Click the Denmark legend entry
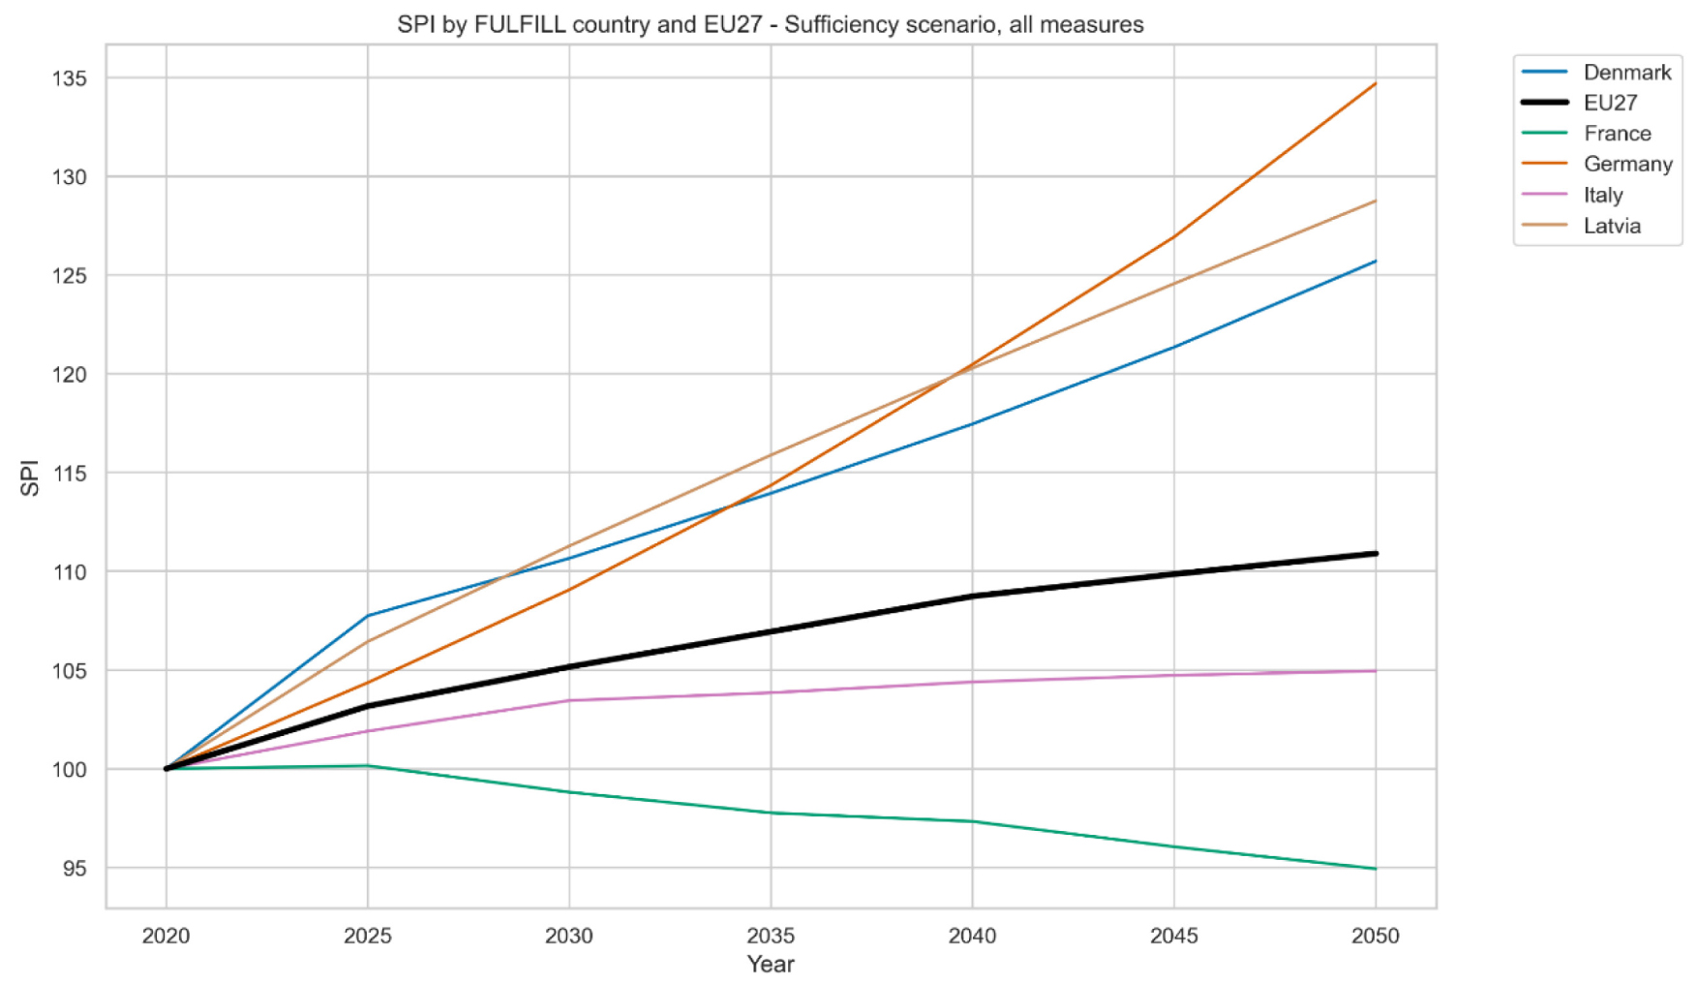coord(1626,73)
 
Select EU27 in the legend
coord(1610,103)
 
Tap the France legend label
coord(1617,134)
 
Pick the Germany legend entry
coord(1627,165)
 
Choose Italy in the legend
coord(1602,196)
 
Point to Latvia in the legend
coord(1612,227)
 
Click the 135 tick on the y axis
coord(70,78)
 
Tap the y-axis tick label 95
coord(75,869)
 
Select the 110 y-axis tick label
coord(70,572)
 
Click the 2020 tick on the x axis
coord(167,936)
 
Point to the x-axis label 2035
coord(771,936)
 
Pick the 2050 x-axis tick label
coord(1375,936)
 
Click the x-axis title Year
coord(771,965)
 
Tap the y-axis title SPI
coord(30,477)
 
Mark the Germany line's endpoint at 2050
coord(1375,84)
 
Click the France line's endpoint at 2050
coord(1375,869)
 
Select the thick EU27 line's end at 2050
coord(1375,554)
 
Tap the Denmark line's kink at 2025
coord(368,616)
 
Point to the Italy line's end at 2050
coord(1375,671)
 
